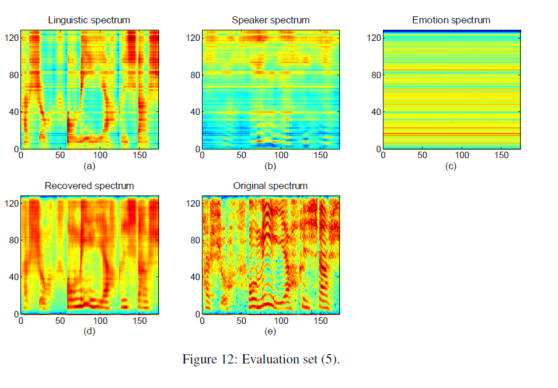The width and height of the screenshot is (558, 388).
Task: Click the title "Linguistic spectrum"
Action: point(89,20)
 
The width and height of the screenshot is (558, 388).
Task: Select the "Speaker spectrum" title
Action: point(270,20)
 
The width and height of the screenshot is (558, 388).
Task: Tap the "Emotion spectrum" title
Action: point(451,20)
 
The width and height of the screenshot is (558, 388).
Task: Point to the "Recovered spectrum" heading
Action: point(89,186)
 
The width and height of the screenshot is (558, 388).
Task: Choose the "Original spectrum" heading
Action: point(270,186)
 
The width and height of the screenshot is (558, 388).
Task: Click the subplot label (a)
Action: point(89,166)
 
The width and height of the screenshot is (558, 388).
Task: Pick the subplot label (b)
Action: point(270,166)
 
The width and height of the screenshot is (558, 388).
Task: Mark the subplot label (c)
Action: point(451,166)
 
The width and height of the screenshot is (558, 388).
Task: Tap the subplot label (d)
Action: point(89,332)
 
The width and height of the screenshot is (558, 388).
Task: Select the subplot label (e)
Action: point(270,332)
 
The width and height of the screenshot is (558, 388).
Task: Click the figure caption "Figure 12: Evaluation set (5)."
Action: point(261,359)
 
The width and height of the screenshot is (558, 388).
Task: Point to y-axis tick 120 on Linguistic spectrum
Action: point(12,38)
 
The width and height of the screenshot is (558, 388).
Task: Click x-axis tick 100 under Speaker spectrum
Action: point(281,156)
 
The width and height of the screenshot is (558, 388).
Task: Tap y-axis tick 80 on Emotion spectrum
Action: point(374,75)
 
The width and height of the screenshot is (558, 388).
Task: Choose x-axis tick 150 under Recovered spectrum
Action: point(140,321)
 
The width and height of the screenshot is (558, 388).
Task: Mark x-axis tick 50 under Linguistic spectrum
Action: point(61,156)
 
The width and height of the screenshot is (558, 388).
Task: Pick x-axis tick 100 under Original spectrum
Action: point(281,321)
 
